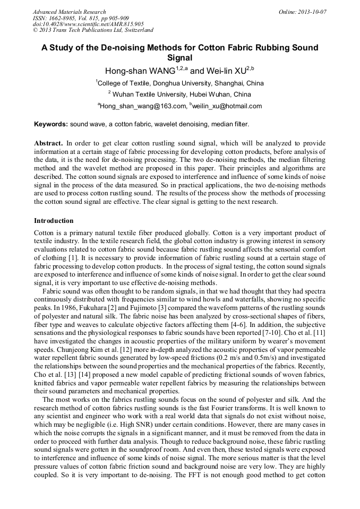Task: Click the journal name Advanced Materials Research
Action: click(69, 12)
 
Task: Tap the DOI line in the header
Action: click(88, 24)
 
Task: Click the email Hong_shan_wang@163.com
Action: click(142, 106)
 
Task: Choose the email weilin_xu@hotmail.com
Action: click(227, 106)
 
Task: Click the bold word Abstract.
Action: click(48, 144)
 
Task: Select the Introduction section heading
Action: click(54, 220)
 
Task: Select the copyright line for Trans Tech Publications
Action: click(93, 30)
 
